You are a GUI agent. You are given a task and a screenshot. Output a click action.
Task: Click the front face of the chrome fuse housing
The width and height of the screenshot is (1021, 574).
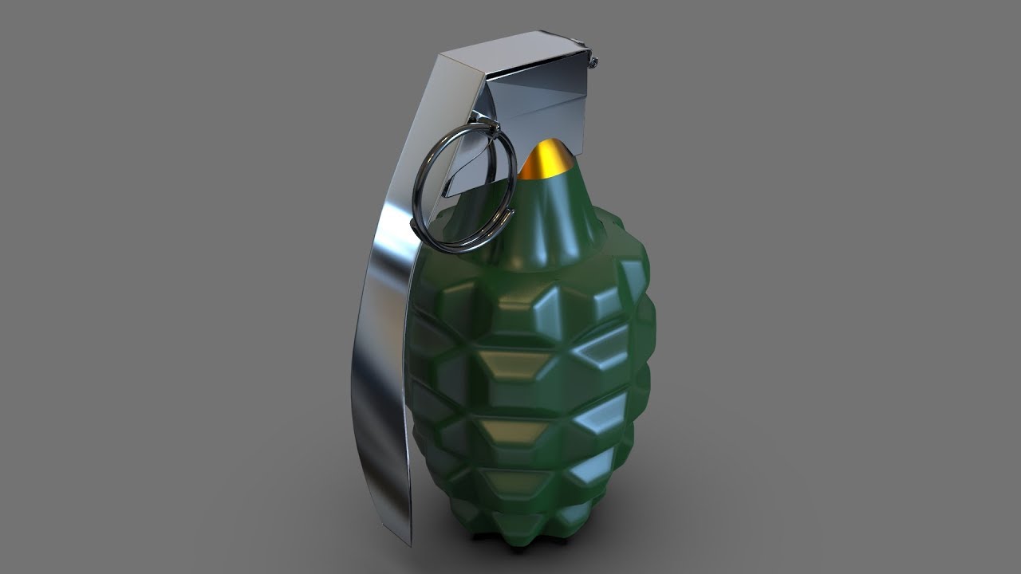click(550, 112)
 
